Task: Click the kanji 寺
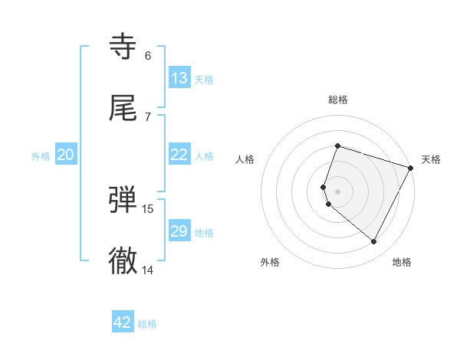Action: (x=123, y=47)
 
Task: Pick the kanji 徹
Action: (x=123, y=261)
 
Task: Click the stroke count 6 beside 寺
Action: (x=148, y=55)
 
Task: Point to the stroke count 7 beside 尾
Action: (x=148, y=116)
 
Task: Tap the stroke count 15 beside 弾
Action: (x=148, y=208)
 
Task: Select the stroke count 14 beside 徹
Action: (x=148, y=270)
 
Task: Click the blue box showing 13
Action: (x=179, y=78)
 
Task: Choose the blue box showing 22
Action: (x=179, y=155)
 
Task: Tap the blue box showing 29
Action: (x=179, y=231)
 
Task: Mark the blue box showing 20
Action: (x=66, y=155)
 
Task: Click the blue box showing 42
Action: (x=123, y=322)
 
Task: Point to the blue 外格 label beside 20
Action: (x=41, y=155)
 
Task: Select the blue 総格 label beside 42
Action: (x=147, y=323)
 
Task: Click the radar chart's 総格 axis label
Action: (x=338, y=100)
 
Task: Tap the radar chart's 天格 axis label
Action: (x=431, y=159)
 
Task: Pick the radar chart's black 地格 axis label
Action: (x=402, y=263)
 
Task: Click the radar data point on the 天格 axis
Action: (x=411, y=166)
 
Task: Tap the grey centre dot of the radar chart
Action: (x=338, y=190)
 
